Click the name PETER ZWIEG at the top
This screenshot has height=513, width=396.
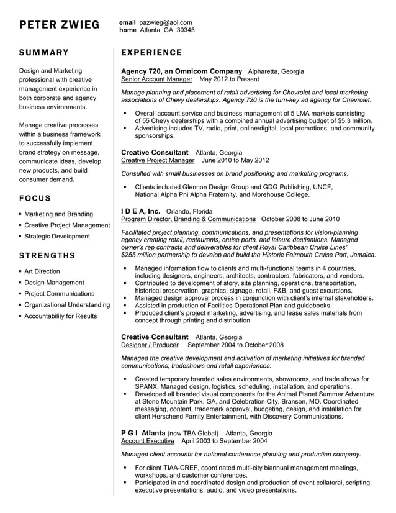tap(59, 25)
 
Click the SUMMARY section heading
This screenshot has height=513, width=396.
tap(44, 53)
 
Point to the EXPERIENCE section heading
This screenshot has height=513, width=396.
tap(151, 53)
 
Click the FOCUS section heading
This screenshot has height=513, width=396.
tap(35, 198)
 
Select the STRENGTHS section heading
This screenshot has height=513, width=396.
tap(47, 255)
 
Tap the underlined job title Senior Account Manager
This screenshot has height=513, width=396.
tap(156, 80)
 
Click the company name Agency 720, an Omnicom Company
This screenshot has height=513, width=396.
tap(181, 71)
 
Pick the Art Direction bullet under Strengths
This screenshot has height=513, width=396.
tap(42, 271)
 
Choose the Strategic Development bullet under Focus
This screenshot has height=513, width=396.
tap(57, 237)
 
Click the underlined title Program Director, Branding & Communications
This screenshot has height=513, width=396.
tap(188, 219)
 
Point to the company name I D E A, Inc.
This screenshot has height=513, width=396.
tap(140, 211)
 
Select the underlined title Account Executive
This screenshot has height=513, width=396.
tap(148, 441)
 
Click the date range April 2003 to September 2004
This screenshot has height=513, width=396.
tap(224, 441)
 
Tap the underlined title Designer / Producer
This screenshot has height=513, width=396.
tap(150, 345)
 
